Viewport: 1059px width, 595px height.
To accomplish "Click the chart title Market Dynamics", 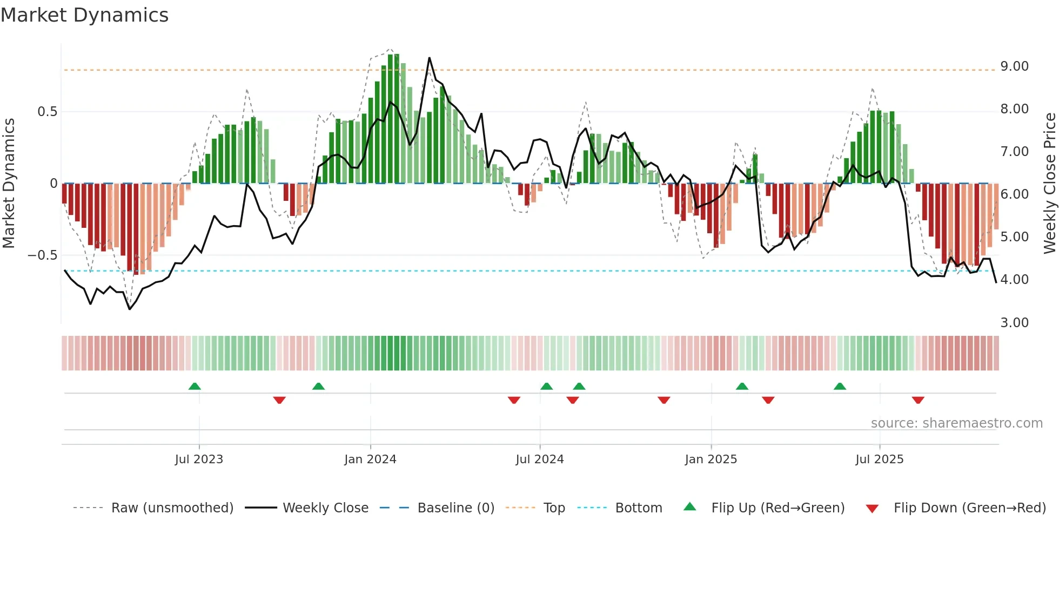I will (x=84, y=15).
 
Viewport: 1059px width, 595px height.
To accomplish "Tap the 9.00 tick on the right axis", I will (x=1014, y=66).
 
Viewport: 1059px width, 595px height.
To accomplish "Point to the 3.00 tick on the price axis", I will (x=1014, y=323).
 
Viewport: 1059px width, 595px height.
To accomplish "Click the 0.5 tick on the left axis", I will (x=47, y=112).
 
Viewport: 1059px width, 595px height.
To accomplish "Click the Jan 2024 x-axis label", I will (x=370, y=459).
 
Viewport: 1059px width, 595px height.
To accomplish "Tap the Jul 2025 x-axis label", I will (x=879, y=459).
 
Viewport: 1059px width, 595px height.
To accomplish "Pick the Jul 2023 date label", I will (x=199, y=459).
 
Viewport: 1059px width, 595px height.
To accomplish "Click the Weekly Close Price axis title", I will (x=1049, y=183).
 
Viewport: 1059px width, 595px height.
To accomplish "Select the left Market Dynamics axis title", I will (x=9, y=183).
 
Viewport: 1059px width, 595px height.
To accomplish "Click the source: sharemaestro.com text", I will (x=956, y=423).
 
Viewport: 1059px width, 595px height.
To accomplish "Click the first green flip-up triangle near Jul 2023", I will (x=195, y=386).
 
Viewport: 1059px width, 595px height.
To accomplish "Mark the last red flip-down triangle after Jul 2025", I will (x=918, y=400).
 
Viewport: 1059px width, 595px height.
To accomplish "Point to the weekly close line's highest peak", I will (x=430, y=58).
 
